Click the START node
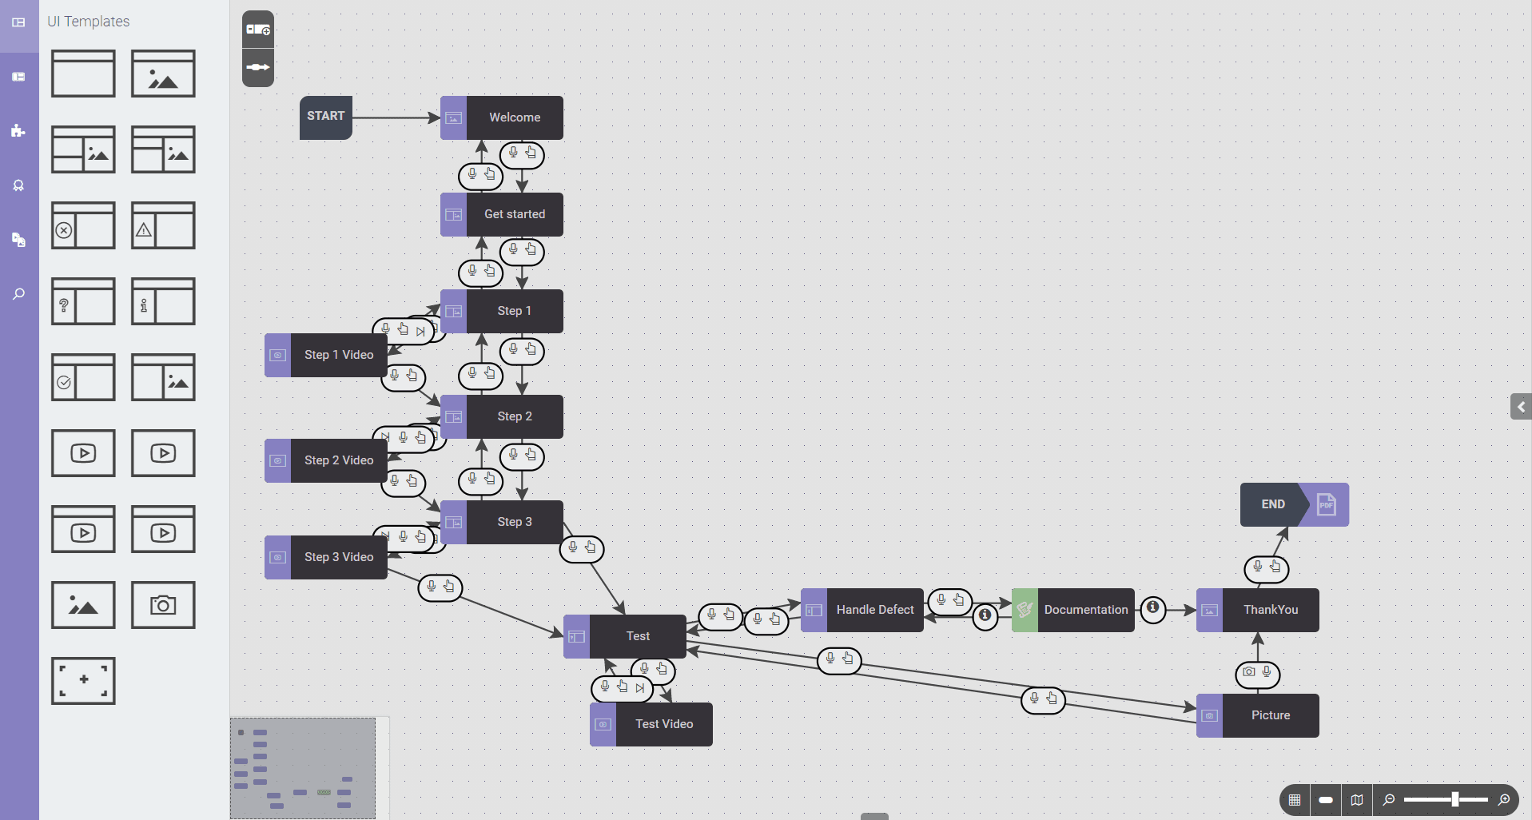coord(326,117)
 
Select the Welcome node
coord(502,117)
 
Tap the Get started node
coord(502,214)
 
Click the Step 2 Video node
coord(326,460)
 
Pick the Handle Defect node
coord(862,610)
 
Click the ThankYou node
coord(1258,610)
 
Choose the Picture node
coord(1258,715)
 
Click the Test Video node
coord(651,724)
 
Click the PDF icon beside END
coord(1327,504)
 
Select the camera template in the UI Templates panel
coord(163,605)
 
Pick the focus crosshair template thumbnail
coord(83,681)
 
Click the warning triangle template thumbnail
coord(163,225)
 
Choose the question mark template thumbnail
coord(83,301)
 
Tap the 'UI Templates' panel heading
coord(88,22)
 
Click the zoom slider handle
coord(1455,799)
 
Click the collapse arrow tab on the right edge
coord(1521,407)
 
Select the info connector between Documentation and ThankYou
coord(1152,609)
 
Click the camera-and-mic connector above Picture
coord(1258,674)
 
